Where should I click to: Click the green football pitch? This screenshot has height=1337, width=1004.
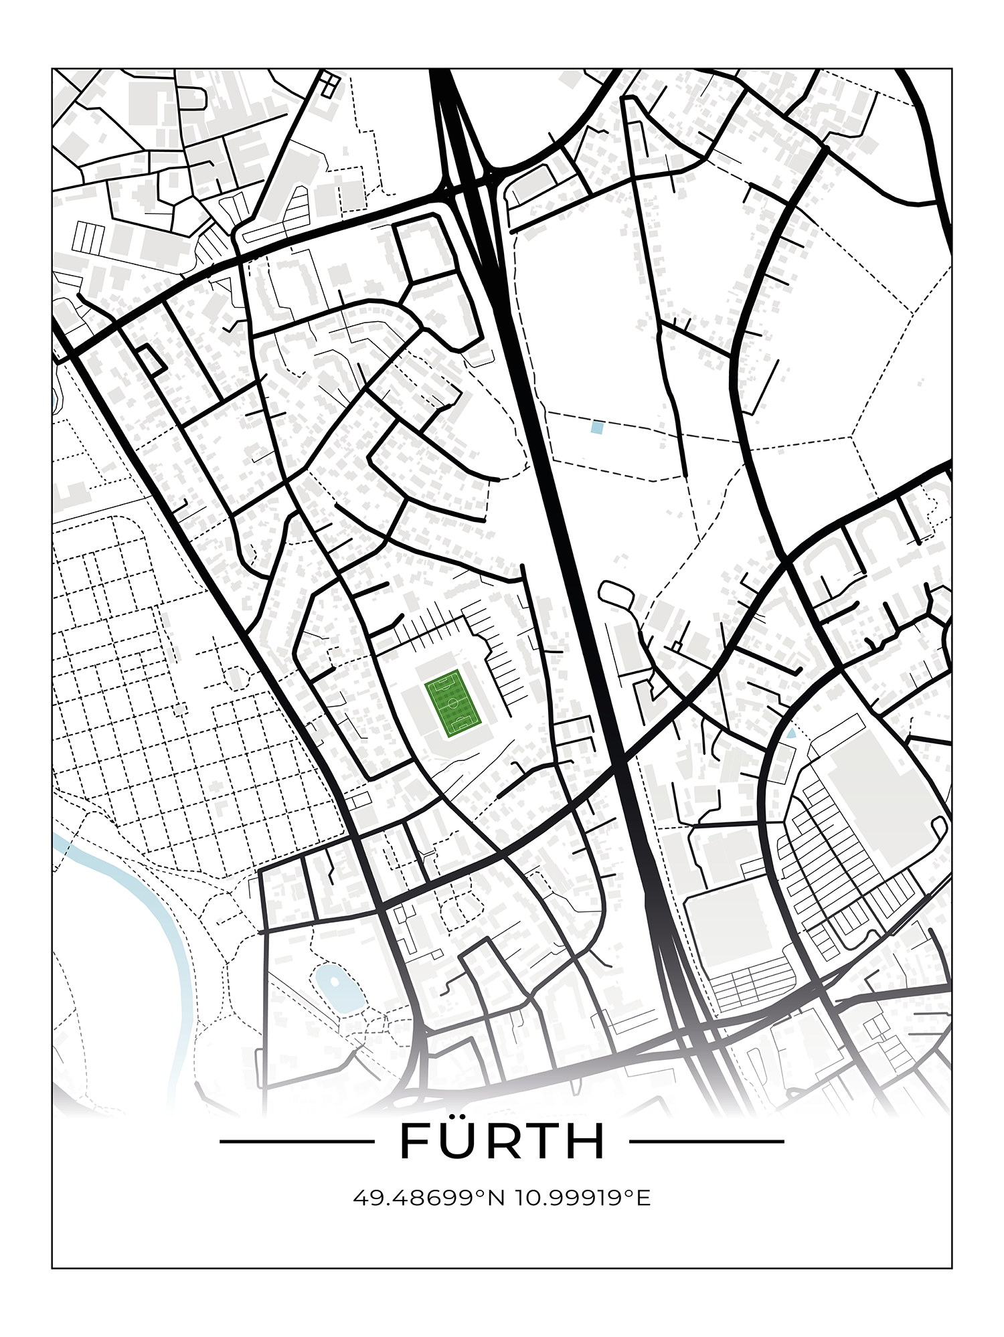pos(453,703)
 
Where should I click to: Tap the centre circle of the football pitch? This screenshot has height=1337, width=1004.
pos(453,703)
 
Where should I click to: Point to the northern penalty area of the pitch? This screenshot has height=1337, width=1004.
pos(442,683)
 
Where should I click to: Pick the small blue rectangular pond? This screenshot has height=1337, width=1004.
pos(597,428)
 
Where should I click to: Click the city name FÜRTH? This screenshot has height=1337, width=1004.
pos(502,1142)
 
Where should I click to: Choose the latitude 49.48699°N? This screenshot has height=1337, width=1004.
pos(428,1198)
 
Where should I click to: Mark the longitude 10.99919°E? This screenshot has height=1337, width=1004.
pos(582,1198)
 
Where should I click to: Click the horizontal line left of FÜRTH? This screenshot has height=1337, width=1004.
pos(297,1142)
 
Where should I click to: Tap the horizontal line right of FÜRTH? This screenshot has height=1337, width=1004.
pos(707,1142)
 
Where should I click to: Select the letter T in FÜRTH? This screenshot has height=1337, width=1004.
pos(542,1142)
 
